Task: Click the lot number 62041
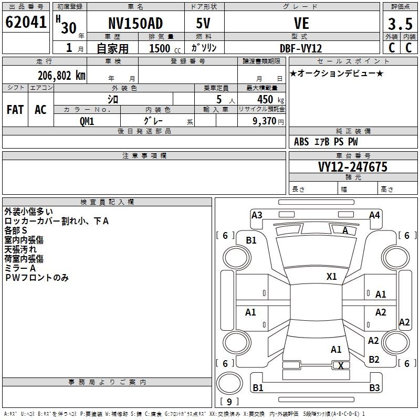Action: (x=26, y=22)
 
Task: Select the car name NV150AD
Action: (x=135, y=23)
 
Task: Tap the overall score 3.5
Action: (x=400, y=24)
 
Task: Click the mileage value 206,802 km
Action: (x=61, y=76)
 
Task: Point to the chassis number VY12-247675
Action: (x=353, y=167)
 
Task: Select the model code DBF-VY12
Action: (x=301, y=48)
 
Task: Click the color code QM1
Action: (x=87, y=121)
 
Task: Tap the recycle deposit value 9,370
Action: (x=265, y=121)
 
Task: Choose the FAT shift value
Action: (x=15, y=110)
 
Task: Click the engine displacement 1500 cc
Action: (x=165, y=48)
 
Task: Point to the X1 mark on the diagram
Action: (x=332, y=276)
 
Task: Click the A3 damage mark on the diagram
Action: (x=257, y=215)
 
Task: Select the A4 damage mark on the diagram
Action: (x=374, y=215)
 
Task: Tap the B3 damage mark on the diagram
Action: (x=374, y=387)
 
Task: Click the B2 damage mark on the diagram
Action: (x=374, y=359)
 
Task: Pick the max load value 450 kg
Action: (x=270, y=99)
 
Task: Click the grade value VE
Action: (x=301, y=23)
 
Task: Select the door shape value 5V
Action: (x=203, y=23)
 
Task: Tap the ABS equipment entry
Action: (x=301, y=142)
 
